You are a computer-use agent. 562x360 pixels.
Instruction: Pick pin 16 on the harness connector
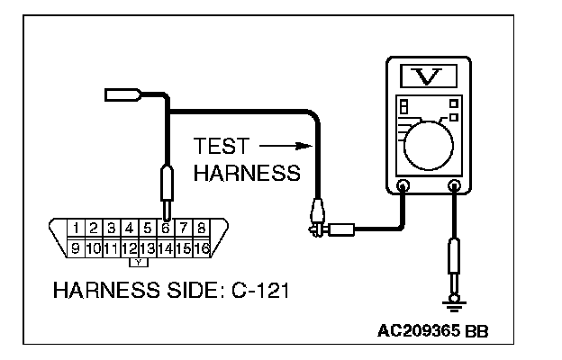(x=201, y=247)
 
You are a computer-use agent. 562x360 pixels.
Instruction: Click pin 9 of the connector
(x=78, y=247)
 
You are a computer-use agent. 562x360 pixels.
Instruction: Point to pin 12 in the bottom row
(x=131, y=247)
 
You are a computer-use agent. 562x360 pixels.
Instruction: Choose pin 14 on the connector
(x=166, y=247)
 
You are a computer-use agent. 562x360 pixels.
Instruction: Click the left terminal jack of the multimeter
(x=403, y=187)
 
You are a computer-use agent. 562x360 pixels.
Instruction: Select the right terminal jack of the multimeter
(x=455, y=187)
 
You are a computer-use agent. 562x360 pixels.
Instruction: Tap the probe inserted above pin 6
(x=166, y=185)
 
